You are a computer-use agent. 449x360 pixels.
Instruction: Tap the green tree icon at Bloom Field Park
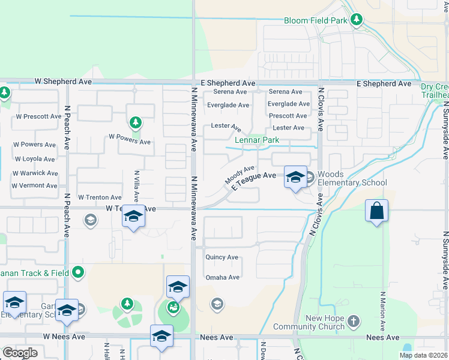pyautogui.click(x=357, y=20)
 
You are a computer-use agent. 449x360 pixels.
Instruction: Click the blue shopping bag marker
pyautogui.click(x=376, y=211)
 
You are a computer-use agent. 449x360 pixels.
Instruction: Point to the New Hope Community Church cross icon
pyautogui.click(x=354, y=321)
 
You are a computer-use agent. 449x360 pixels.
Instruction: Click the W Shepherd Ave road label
pyautogui.click(x=63, y=80)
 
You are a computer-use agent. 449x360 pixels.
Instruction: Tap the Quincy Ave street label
pyautogui.click(x=221, y=257)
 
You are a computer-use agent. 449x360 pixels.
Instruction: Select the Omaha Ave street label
pyautogui.click(x=222, y=277)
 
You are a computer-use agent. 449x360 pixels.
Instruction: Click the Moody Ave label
pyautogui.click(x=240, y=175)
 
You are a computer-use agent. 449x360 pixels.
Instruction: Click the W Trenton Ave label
pyautogui.click(x=98, y=197)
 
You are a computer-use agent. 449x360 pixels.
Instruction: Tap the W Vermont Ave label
pyautogui.click(x=35, y=186)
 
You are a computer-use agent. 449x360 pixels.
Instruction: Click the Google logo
pyautogui.click(x=20, y=353)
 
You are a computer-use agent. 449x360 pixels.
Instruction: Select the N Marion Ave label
pyautogui.click(x=382, y=315)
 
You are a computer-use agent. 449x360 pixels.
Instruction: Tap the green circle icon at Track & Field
pyautogui.click(x=77, y=273)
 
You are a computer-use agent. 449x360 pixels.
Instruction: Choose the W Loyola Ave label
pyautogui.click(x=35, y=159)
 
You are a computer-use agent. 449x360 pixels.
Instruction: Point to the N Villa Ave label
pyautogui.click(x=137, y=186)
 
